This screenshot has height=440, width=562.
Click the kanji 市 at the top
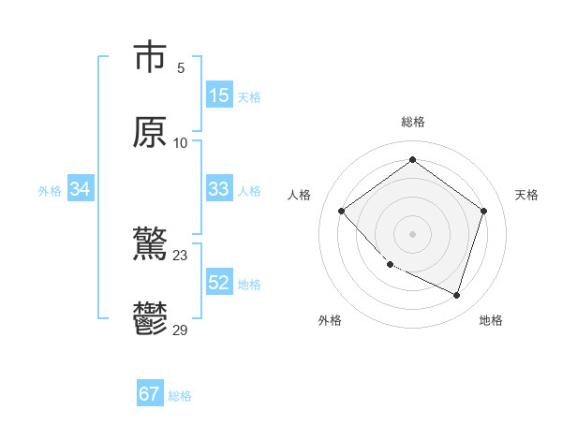click(x=150, y=56)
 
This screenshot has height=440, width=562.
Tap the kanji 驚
click(x=150, y=245)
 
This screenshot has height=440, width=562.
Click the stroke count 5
click(x=181, y=67)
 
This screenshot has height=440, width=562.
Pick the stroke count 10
click(x=181, y=142)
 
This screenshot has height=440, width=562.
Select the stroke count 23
click(x=181, y=255)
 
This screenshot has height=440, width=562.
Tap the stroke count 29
click(x=181, y=330)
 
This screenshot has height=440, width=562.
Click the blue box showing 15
click(x=219, y=95)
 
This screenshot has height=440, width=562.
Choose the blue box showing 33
click(x=219, y=189)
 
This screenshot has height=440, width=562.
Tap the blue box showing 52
click(x=219, y=283)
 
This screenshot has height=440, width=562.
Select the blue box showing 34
click(x=81, y=189)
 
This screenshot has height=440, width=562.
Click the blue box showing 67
click(x=150, y=394)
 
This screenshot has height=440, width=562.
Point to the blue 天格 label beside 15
click(x=249, y=97)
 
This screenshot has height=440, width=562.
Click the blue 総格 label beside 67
click(x=180, y=396)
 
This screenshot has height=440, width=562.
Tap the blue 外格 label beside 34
click(x=50, y=191)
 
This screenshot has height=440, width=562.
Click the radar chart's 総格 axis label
click(x=413, y=122)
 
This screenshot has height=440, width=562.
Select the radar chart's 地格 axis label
click(x=491, y=321)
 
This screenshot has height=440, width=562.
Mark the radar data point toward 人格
click(x=342, y=212)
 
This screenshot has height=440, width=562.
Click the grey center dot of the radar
click(x=413, y=233)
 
